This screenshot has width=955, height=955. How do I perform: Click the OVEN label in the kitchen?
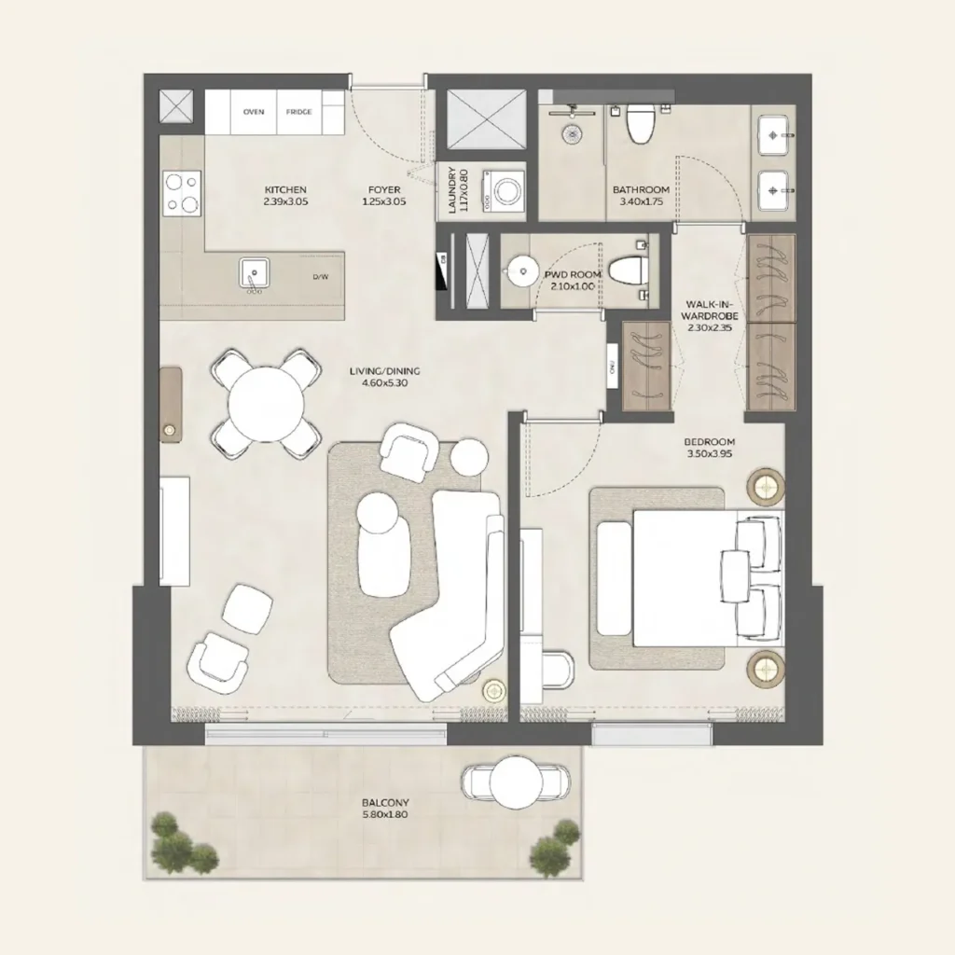254,112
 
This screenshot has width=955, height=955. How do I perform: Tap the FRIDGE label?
298,112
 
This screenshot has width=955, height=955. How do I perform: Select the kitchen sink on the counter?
254,273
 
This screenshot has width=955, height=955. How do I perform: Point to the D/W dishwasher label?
320,277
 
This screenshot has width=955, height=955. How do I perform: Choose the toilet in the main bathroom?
641,124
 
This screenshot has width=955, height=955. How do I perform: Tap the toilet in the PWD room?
629,270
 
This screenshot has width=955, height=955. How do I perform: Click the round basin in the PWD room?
517,272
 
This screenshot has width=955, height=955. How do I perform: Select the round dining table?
267,404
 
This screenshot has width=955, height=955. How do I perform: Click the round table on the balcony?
516,782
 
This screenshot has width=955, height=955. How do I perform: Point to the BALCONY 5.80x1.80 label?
385,808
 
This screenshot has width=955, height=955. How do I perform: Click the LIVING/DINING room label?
380,377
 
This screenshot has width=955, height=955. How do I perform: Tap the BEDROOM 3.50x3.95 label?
710,448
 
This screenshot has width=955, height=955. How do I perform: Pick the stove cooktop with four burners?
182,194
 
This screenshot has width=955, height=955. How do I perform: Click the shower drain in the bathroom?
571,134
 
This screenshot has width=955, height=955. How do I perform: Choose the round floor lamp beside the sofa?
493,690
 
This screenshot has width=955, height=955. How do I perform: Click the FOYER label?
384,196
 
